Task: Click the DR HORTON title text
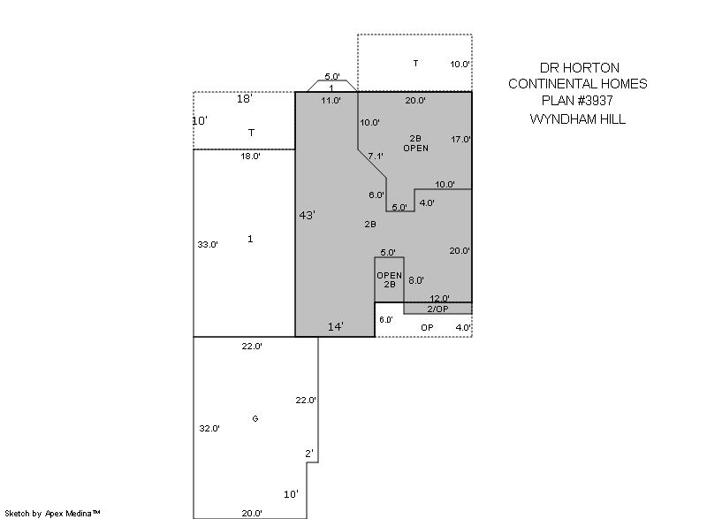580,68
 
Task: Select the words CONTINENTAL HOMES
578,84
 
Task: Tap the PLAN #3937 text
577,100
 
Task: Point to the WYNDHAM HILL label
578,119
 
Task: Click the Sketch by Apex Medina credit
53,513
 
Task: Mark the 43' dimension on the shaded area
307,215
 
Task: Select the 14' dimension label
336,326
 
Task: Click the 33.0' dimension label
208,244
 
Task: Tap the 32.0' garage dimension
209,428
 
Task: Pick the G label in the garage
255,419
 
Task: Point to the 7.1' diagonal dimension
376,156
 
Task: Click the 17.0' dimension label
460,140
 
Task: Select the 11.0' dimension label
331,100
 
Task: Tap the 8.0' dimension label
416,280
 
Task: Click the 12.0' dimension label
439,298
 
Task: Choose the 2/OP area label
437,309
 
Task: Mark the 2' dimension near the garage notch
308,454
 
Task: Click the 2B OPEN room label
415,143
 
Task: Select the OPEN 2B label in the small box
390,279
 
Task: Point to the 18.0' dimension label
250,156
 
